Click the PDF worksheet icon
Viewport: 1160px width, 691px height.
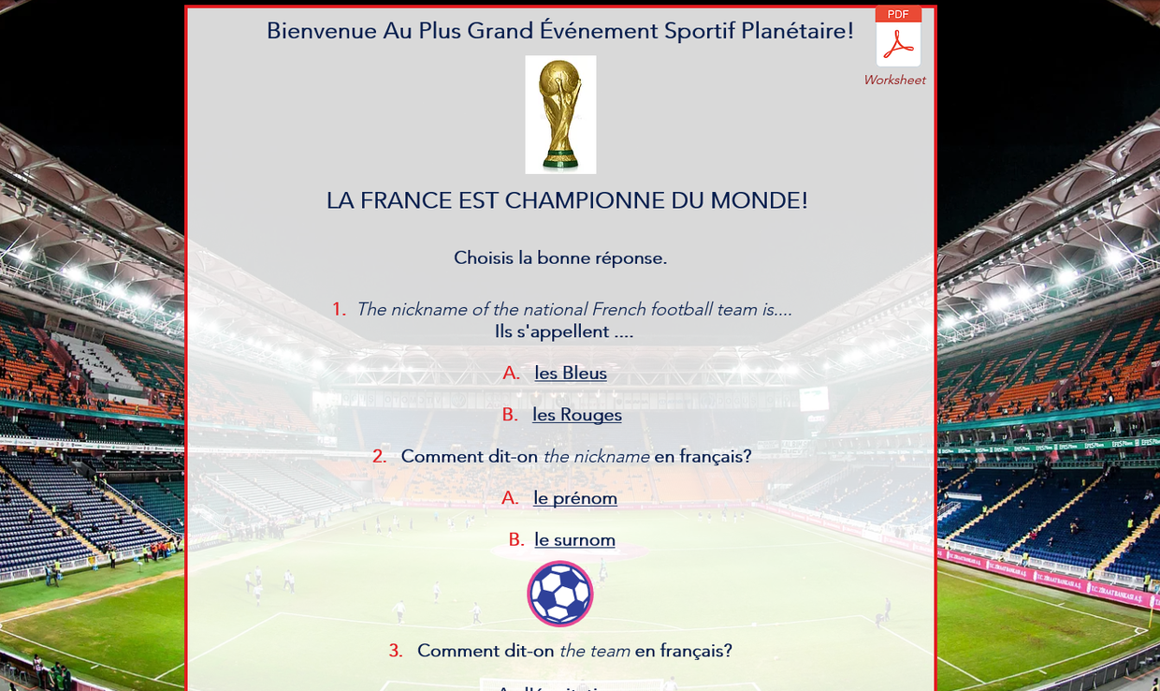(x=898, y=37)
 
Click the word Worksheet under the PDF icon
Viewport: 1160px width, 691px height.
(x=894, y=81)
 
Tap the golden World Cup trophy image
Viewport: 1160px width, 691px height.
(x=560, y=114)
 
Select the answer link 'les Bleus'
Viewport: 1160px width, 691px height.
(x=571, y=374)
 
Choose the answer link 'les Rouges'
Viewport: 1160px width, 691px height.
(x=577, y=415)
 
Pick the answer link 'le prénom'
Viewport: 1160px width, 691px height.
(x=575, y=498)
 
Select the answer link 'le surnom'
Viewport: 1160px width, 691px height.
(x=574, y=540)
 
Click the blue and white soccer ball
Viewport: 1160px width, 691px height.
(x=560, y=594)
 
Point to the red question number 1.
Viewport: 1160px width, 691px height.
(x=339, y=310)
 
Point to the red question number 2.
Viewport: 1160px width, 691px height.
(x=379, y=457)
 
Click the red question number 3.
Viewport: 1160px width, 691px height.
(x=396, y=651)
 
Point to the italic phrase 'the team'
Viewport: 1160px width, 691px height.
(x=594, y=651)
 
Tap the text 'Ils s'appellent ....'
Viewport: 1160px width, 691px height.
(x=563, y=332)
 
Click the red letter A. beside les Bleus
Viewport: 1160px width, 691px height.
(x=511, y=374)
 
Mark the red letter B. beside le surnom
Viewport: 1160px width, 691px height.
(x=516, y=540)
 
